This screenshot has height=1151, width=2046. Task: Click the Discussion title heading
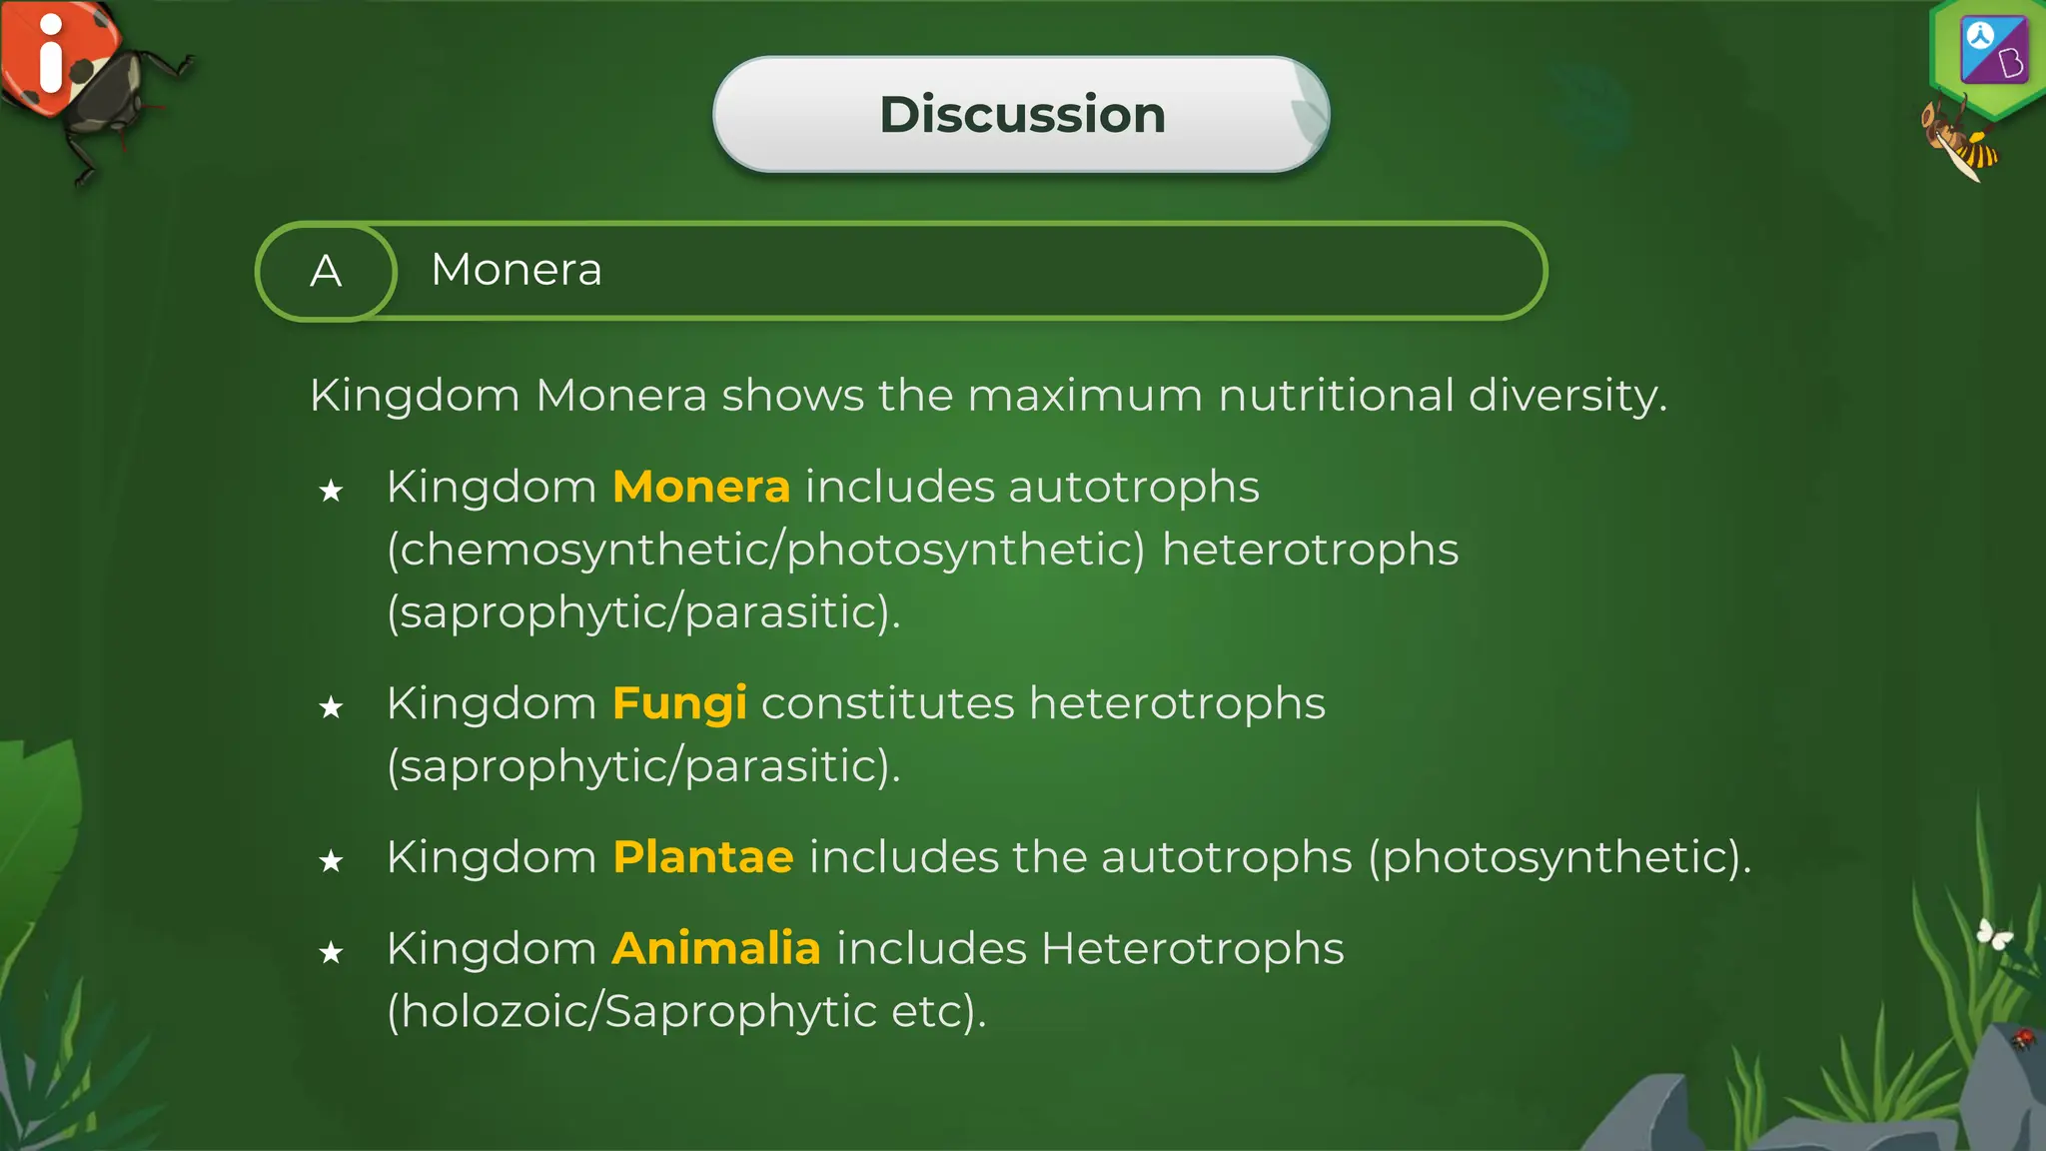click(1022, 114)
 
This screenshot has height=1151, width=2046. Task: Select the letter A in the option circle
click(326, 271)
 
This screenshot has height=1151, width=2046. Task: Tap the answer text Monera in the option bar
click(516, 270)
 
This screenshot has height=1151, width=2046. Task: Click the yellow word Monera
click(701, 488)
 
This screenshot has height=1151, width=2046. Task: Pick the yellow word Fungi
click(679, 704)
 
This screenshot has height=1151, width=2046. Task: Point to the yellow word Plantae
click(703, 857)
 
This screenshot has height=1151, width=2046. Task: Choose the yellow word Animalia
click(716, 948)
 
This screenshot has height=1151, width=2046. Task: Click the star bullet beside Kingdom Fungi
click(331, 708)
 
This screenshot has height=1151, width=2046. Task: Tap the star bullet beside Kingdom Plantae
click(331, 861)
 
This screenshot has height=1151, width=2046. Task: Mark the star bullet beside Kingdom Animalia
click(331, 953)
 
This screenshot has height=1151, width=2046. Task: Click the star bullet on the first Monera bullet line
click(331, 492)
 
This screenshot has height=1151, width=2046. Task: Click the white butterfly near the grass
click(1994, 935)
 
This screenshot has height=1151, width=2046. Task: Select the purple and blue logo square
click(1994, 50)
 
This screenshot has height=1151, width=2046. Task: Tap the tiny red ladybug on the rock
click(2023, 1039)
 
